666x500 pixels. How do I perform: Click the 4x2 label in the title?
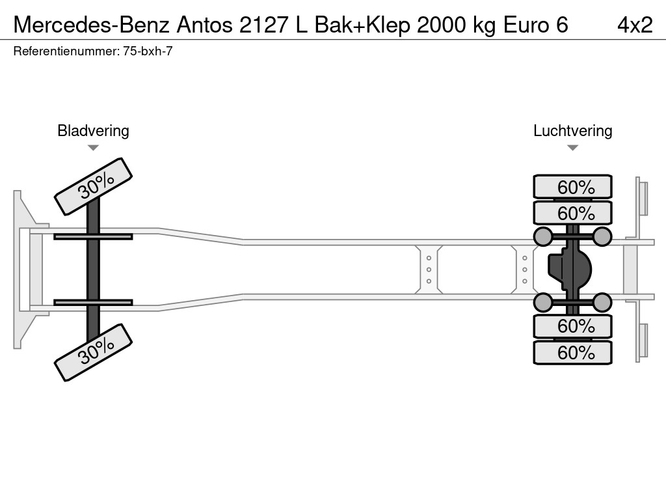click(635, 24)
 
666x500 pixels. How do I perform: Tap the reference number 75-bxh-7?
click(148, 51)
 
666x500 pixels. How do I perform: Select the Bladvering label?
click(93, 131)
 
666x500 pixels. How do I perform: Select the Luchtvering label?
click(572, 131)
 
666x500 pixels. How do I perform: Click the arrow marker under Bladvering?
click(93, 148)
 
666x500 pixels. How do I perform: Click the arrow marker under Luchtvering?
click(572, 148)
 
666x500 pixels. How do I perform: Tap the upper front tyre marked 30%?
click(93, 186)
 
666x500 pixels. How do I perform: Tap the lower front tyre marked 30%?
click(93, 352)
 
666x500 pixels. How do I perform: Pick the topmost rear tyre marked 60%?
click(572, 187)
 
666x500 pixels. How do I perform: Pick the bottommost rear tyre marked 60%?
click(572, 352)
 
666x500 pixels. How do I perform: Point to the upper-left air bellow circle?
click(543, 236)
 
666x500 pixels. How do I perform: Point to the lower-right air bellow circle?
click(602, 302)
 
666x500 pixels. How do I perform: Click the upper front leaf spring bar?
click(93, 236)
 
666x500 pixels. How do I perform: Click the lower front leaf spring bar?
click(93, 302)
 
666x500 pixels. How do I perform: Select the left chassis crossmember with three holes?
click(429, 269)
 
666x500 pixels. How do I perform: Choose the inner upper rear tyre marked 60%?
click(572, 213)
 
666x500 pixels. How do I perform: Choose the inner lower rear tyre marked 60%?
click(572, 326)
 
